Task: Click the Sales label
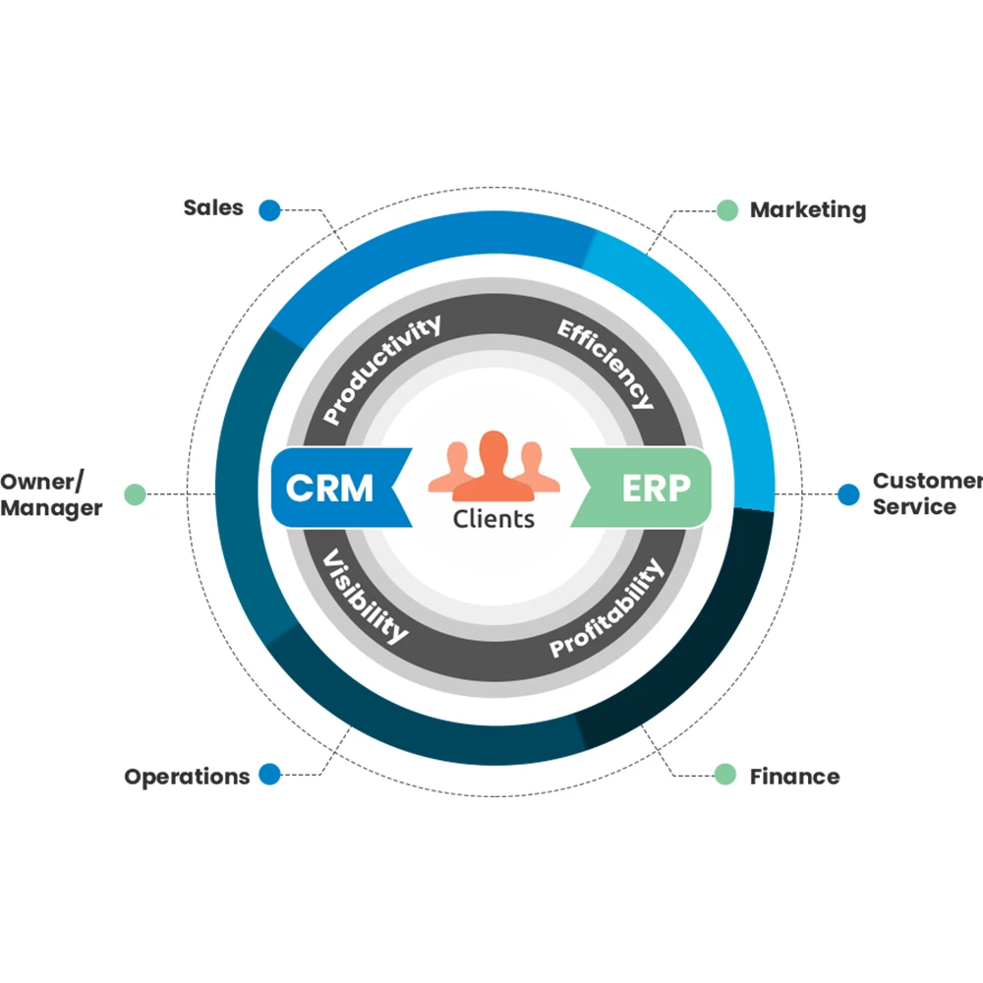pos(213,208)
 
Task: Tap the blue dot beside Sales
pos(269,209)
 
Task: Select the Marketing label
pos(807,209)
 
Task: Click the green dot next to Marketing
pos(726,209)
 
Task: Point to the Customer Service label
pos(926,493)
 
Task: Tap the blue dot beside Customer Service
pos(848,493)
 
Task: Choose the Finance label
pos(794,777)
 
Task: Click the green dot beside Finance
pos(725,775)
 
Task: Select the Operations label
pos(187,777)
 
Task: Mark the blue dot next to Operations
pos(269,775)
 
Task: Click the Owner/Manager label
pos(51,494)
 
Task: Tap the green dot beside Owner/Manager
pos(136,493)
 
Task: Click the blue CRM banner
pos(334,488)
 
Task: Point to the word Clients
pos(493,518)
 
